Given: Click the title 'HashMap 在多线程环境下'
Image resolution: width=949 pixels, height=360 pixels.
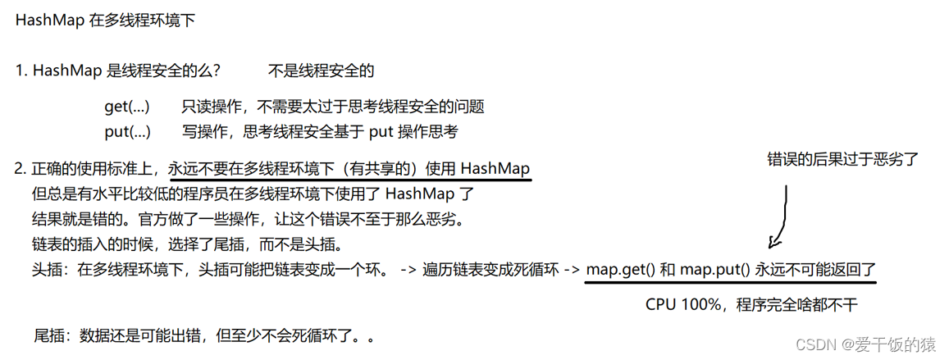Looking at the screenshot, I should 105,21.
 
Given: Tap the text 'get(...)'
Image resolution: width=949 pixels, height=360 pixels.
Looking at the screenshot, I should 127,107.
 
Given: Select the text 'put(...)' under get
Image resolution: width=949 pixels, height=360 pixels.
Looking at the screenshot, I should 127,131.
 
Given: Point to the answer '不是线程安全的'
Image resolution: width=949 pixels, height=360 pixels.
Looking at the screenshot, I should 321,71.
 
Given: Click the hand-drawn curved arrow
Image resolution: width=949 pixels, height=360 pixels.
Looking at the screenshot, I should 781,217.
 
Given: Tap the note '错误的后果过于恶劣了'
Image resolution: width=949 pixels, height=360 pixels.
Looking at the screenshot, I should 842,159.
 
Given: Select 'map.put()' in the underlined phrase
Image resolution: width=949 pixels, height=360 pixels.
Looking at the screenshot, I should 718,269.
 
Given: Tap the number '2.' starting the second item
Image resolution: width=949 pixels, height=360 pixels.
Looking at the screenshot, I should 21,170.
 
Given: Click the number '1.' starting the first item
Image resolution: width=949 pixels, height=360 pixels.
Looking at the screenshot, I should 21,71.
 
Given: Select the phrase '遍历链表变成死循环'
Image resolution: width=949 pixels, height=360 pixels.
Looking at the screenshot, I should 490,270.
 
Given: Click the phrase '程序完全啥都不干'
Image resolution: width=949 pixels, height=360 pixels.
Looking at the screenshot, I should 796,305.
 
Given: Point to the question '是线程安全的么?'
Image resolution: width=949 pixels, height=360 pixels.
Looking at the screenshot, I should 164,71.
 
